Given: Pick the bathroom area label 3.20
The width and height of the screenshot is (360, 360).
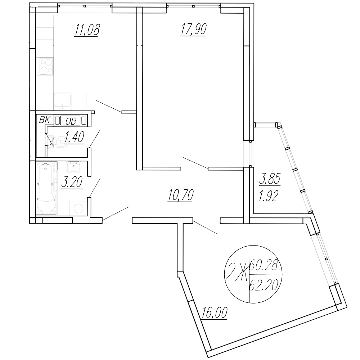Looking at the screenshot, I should (x=72, y=183).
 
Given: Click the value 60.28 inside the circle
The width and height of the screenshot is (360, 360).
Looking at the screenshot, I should (x=264, y=267).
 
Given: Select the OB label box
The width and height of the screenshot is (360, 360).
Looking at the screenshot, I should (x=71, y=121).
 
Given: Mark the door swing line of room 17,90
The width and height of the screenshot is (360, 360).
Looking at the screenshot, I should (x=195, y=163).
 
